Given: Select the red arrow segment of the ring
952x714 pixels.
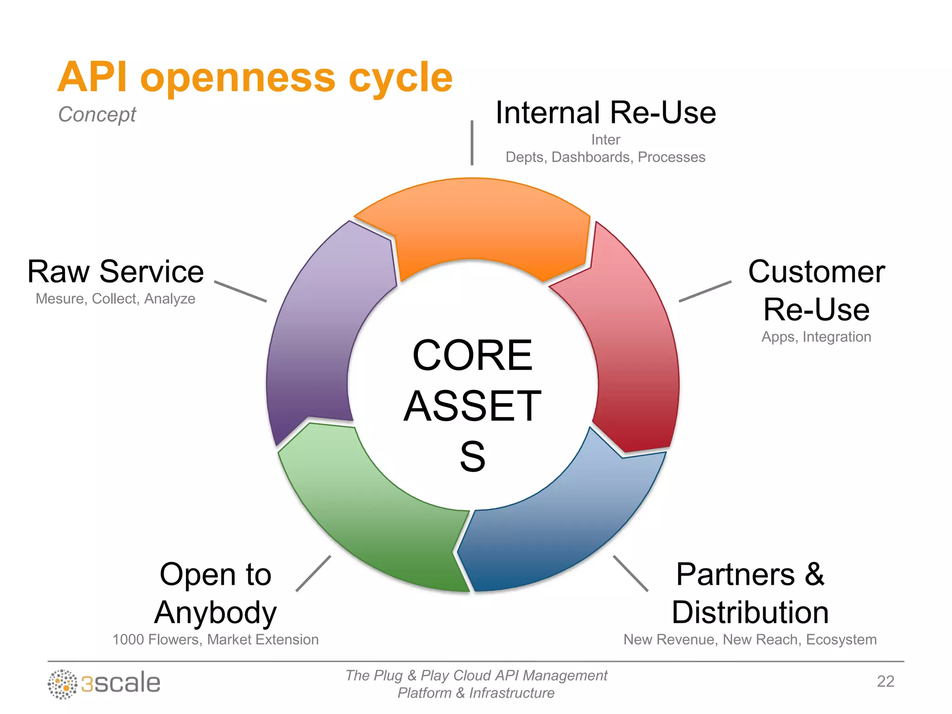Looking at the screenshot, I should [637, 353].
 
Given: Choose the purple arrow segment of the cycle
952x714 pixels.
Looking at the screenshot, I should [316, 335].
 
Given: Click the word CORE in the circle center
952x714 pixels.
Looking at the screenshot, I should [472, 356].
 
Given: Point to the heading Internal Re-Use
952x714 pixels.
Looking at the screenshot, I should [605, 113].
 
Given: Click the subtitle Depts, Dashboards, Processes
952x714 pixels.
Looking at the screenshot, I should [605, 157].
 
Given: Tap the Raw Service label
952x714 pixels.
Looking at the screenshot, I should [115, 271].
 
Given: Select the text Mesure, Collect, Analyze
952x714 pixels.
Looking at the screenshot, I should [115, 298].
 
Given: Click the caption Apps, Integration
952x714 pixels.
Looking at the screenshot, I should [816, 337].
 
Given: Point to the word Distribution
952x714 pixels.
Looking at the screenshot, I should [750, 612].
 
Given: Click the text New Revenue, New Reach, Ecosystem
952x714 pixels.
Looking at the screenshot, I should [750, 640].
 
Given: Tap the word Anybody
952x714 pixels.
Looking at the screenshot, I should [215, 612].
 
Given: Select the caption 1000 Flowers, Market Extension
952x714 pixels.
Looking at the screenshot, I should [215, 640].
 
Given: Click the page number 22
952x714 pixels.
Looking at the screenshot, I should [885, 681].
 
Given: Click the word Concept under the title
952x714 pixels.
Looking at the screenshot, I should [97, 114].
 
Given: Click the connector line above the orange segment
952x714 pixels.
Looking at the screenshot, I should [472, 143].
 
